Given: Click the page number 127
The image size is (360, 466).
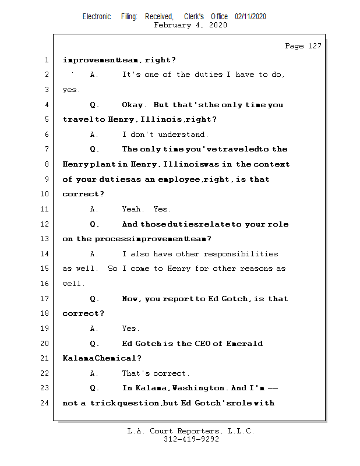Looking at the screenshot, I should [314, 46].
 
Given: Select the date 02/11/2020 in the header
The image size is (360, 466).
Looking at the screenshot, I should [250, 17].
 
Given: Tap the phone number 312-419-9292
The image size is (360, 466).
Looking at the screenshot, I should [191, 439].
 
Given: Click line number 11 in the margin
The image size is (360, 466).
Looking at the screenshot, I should [45, 209].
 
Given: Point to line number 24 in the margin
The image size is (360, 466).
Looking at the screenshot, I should [45, 403].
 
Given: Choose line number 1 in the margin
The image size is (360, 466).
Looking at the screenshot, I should [45, 59].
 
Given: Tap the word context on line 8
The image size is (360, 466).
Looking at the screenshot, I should [271, 164].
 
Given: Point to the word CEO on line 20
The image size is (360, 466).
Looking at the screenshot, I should [200, 343].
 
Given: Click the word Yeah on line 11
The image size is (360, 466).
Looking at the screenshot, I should [132, 209].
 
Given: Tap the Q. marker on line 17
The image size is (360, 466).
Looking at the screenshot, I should [94, 298].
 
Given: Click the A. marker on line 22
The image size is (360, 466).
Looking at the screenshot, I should [94, 373].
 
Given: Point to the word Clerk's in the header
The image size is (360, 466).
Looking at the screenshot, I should [195, 17].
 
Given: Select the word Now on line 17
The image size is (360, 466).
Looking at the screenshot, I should [131, 298].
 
